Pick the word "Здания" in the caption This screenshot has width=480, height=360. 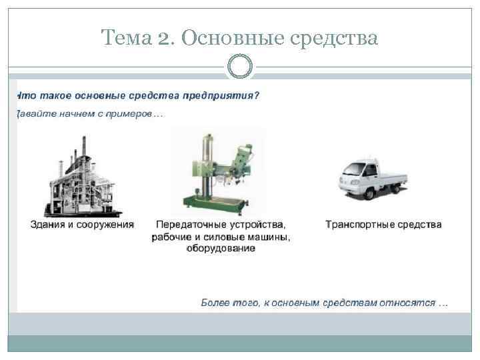[x=49, y=225]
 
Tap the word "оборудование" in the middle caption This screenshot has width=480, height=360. [x=221, y=249]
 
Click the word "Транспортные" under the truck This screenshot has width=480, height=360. [x=359, y=225]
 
